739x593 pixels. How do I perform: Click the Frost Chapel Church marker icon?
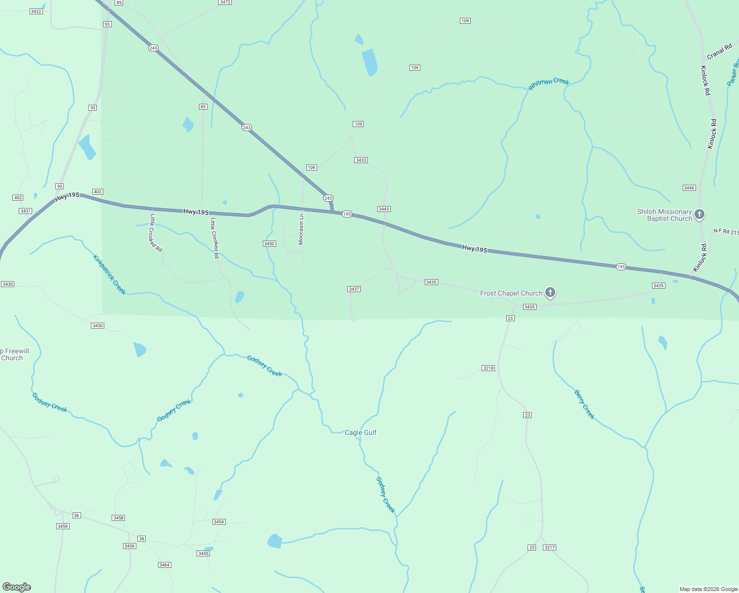coord(550,293)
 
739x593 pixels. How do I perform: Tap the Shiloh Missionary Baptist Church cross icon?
coord(699,214)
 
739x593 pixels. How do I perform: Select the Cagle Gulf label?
coord(361,432)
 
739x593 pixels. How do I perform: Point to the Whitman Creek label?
coord(548,84)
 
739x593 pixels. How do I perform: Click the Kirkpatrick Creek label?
coord(109,274)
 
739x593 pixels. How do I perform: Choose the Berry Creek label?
coord(584,404)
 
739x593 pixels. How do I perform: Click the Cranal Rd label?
coord(719,51)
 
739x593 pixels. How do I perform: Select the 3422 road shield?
coord(36,11)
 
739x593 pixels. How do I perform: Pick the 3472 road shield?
coord(225,2)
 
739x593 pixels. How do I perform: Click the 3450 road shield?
coord(269,244)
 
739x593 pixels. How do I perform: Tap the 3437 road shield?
coord(354,289)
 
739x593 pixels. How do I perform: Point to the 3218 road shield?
coord(488,368)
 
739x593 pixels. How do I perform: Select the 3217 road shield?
coord(549,548)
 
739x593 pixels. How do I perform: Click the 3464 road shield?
coord(164,565)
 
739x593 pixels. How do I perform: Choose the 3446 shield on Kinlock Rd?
coord(689,188)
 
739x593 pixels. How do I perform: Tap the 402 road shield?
coord(18,198)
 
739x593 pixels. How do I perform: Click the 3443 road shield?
coord(384,209)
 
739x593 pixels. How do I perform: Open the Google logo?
coord(17,587)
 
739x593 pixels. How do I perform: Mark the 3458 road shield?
coord(118,518)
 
